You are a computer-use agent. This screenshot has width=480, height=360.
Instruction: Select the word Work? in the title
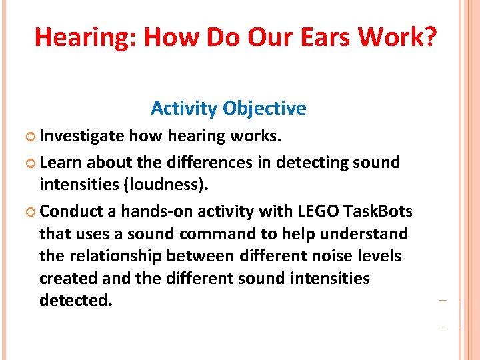[398, 38]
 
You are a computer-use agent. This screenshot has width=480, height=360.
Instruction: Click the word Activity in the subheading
[184, 108]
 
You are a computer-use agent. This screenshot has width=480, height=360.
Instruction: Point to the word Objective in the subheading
[265, 108]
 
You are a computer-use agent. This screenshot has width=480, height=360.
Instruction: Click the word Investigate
[81, 137]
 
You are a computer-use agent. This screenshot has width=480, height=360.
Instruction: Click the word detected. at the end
[76, 301]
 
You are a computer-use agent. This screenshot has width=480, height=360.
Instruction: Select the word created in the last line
[68, 278]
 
